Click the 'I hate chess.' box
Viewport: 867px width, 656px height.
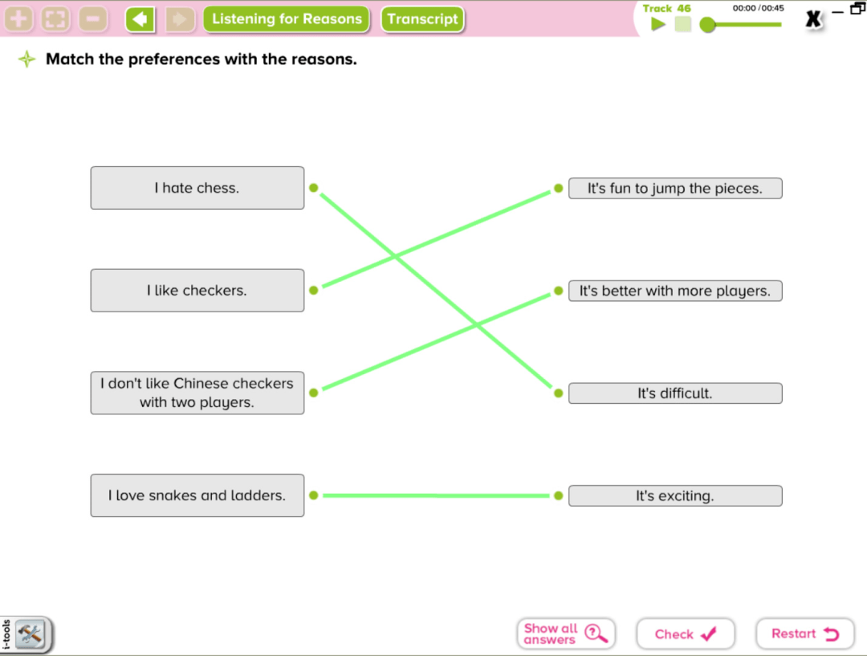pyautogui.click(x=197, y=188)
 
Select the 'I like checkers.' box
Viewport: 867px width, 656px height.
pyautogui.click(x=197, y=291)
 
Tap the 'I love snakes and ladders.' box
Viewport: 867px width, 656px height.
pyautogui.click(x=197, y=495)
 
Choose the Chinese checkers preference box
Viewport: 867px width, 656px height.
pyautogui.click(x=197, y=393)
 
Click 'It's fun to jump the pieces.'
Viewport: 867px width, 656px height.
pyautogui.click(x=675, y=188)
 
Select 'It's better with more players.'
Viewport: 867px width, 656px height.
pyautogui.click(x=675, y=291)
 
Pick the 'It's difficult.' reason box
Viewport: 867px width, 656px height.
pyautogui.click(x=675, y=393)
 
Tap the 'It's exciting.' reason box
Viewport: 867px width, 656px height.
pyautogui.click(x=675, y=495)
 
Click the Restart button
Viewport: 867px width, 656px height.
pyautogui.click(x=805, y=634)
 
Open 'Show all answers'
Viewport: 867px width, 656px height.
pyautogui.click(x=566, y=634)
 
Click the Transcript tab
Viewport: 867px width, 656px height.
pyautogui.click(x=422, y=18)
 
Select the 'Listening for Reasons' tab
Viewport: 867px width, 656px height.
pyautogui.click(x=287, y=18)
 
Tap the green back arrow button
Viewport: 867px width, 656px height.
pyautogui.click(x=140, y=19)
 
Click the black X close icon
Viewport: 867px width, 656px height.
pyautogui.click(x=812, y=19)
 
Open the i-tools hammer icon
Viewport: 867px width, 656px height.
pyautogui.click(x=30, y=634)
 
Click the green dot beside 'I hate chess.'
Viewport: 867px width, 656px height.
pyautogui.click(x=314, y=188)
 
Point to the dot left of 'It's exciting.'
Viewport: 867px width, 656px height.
pyautogui.click(x=559, y=495)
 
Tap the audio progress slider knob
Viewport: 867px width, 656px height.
pyautogui.click(x=707, y=25)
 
